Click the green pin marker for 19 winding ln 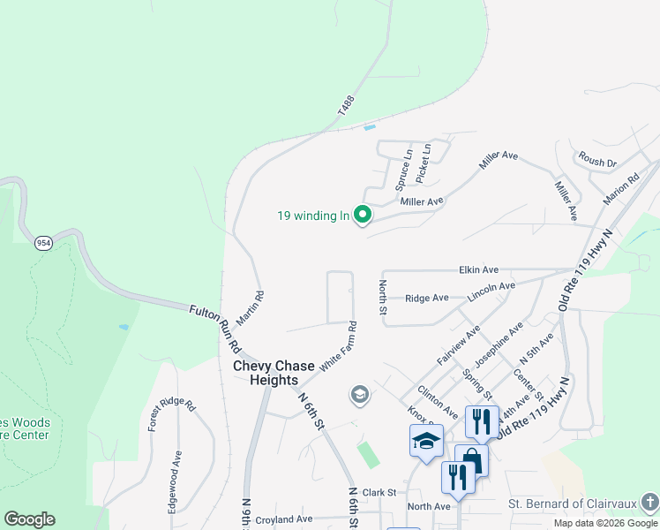pos(362,214)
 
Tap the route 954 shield pos(42,243)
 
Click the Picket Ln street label pos(424,163)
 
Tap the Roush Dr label pos(597,162)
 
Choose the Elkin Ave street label pos(479,269)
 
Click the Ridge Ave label pos(426,299)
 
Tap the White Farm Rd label pos(339,346)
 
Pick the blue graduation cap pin pos(426,441)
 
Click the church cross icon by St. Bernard pos(649,503)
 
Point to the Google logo pos(29,519)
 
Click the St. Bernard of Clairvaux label pos(572,503)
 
